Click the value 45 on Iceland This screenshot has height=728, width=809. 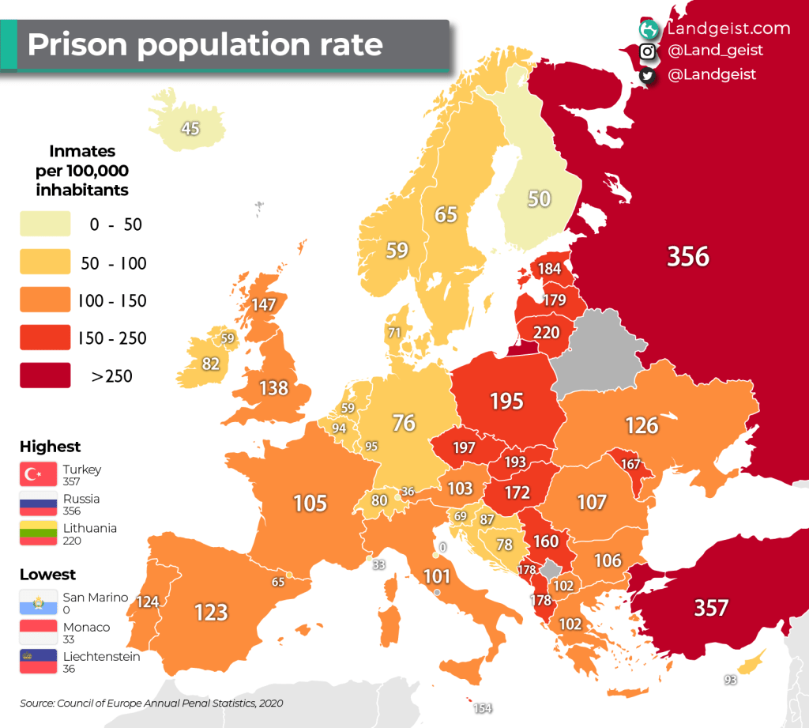pyautogui.click(x=190, y=128)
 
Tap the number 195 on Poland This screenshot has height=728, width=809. pyautogui.click(x=506, y=401)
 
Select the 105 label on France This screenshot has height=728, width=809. pyautogui.click(x=310, y=503)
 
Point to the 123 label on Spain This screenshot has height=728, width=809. pyautogui.click(x=211, y=612)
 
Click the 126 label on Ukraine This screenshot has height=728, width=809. pyautogui.click(x=642, y=425)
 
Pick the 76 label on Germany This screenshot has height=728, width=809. pyautogui.click(x=404, y=423)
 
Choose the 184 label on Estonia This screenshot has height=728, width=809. pyautogui.click(x=549, y=269)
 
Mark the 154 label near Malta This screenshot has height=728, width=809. pyautogui.click(x=483, y=708)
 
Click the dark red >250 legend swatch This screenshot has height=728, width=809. pyautogui.click(x=45, y=376)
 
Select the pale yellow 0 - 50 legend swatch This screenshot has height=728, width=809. pyautogui.click(x=45, y=224)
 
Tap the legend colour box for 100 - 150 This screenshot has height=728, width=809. pyautogui.click(x=45, y=301)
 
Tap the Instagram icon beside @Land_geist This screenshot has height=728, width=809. pyautogui.click(x=648, y=51)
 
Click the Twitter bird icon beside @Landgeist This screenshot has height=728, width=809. pyautogui.click(x=648, y=75)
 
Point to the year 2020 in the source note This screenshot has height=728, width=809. pyautogui.click(x=269, y=703)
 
